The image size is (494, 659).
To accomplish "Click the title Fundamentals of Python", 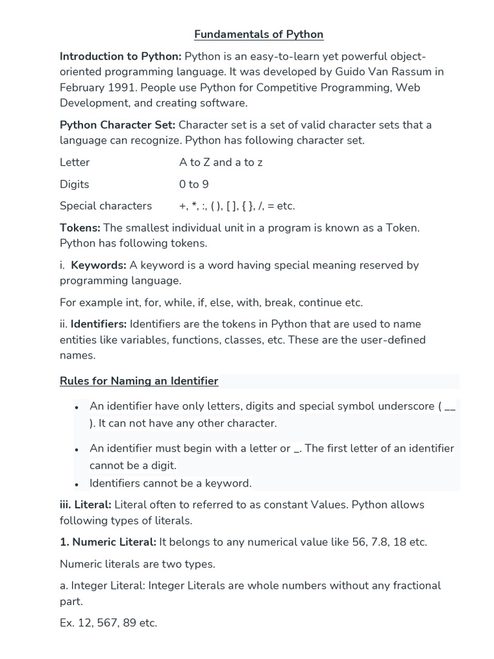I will (259, 34).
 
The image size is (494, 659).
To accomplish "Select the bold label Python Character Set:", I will (118, 125).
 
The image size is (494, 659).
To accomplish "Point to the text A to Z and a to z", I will (221, 162).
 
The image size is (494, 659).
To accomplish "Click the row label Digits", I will (75, 184).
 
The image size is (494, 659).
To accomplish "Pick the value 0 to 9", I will (194, 184).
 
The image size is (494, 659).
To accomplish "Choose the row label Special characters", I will (106, 206).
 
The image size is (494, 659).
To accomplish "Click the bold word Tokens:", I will (80, 228).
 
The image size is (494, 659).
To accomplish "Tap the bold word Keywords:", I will (98, 265).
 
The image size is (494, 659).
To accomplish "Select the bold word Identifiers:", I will (98, 324).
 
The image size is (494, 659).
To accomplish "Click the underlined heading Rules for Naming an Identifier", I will (139, 381).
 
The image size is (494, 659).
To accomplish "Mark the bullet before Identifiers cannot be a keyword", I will (77, 484).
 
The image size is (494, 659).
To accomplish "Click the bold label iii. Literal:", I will (86, 505).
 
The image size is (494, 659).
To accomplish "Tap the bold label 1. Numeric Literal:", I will (108, 542).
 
